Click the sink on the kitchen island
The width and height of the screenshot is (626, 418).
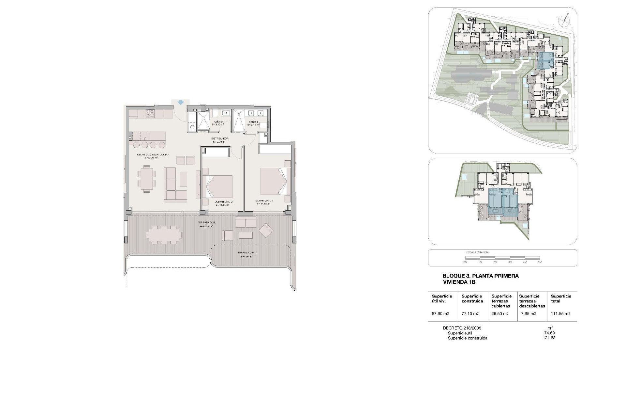146,135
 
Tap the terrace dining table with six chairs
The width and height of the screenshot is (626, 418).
164,234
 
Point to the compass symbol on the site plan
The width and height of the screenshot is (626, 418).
563,21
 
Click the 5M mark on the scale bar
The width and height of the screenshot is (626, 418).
539,262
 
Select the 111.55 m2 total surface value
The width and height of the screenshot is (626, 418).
560,313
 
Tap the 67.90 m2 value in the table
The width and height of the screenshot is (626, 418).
440,313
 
